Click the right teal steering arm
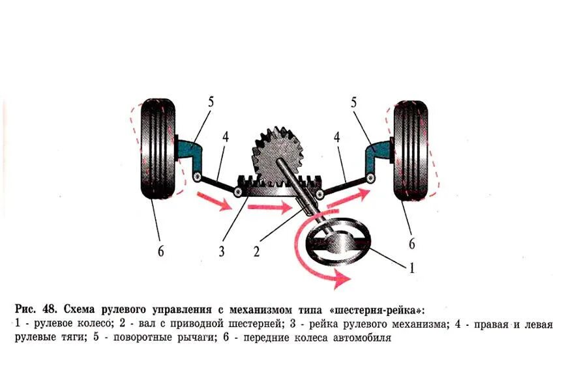point(376,153)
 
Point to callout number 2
point(257,250)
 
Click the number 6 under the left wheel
point(160,251)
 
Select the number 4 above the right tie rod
point(337,138)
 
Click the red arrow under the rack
point(269,209)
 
